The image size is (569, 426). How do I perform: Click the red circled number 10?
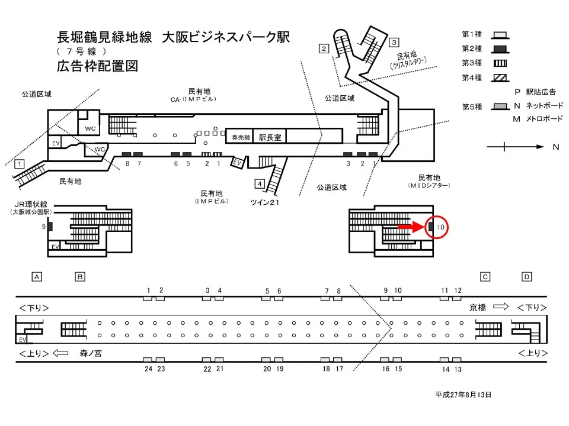click(x=440, y=227)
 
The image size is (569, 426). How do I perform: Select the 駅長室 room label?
click(x=270, y=135)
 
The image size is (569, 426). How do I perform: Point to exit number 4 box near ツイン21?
click(x=260, y=183)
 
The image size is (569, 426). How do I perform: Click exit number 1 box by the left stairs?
click(x=20, y=164)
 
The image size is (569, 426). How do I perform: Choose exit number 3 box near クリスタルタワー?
click(x=394, y=43)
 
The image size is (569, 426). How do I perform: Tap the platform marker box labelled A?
click(x=37, y=276)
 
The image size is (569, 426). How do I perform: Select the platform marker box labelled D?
click(x=527, y=276)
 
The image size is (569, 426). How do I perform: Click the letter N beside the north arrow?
click(x=556, y=147)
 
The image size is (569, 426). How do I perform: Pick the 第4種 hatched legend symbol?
click(x=499, y=76)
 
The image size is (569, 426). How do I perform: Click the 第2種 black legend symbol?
click(x=499, y=49)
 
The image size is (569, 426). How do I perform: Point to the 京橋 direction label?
click(x=478, y=307)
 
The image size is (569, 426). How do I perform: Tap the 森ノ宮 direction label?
click(x=91, y=353)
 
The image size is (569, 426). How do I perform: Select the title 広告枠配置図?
click(x=97, y=66)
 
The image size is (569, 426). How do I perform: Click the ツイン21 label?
click(x=264, y=203)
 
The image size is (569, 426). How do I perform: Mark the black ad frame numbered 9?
click(x=50, y=226)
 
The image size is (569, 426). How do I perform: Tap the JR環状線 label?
click(x=31, y=205)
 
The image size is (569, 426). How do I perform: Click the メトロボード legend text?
click(x=544, y=119)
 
